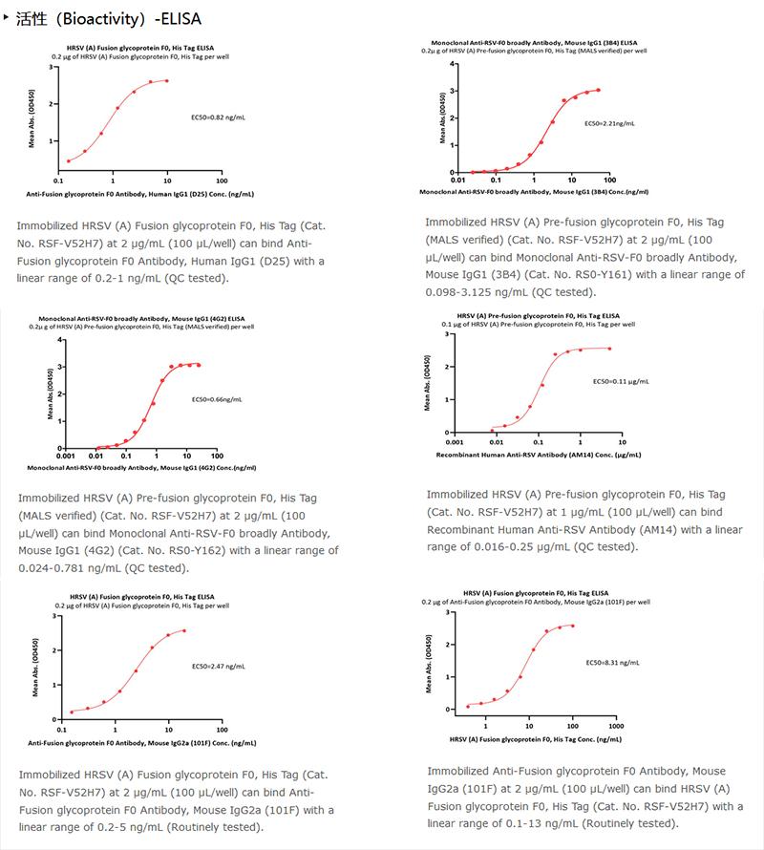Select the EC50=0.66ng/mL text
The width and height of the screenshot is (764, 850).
pyautogui.click(x=217, y=399)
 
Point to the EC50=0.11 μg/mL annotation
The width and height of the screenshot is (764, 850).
pyautogui.click(x=621, y=381)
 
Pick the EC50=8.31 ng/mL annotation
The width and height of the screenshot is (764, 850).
pyautogui.click(x=612, y=661)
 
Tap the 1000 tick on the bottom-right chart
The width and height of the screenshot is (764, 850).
pyautogui.click(x=616, y=726)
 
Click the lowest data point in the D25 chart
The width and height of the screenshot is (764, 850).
pyautogui.click(x=69, y=160)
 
